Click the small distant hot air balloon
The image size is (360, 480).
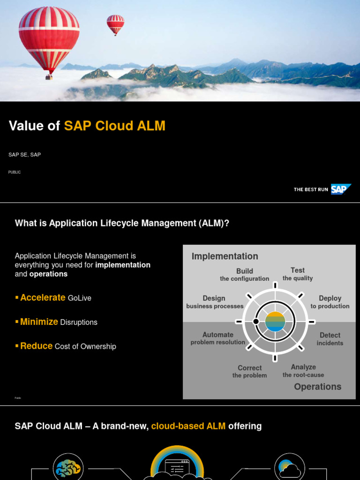tap(115, 23)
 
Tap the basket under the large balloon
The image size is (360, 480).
tap(49, 77)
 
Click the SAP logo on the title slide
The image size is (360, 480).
tap(340, 189)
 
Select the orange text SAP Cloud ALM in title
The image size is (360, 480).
tap(115, 126)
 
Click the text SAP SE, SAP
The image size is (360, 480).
tap(24, 155)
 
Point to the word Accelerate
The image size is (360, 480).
tap(43, 298)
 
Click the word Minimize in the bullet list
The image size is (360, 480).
tap(39, 322)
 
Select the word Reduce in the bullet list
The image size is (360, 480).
tap(36, 346)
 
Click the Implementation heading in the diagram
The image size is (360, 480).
tap(225, 256)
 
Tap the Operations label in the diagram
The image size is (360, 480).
tap(317, 387)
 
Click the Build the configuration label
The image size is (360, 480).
tap(245, 275)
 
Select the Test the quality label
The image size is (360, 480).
tap(298, 274)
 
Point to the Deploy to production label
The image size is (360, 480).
tap(330, 302)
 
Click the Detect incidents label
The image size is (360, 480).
tap(330, 339)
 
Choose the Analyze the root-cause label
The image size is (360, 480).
tap(303, 371)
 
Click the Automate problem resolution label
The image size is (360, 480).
tap(217, 338)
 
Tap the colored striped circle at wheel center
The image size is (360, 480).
tap(275, 322)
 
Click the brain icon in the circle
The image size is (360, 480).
tap(68, 468)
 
